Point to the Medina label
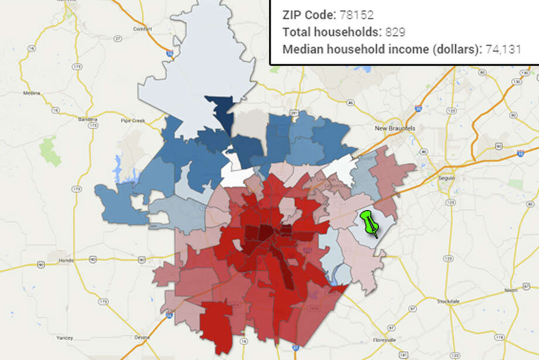(x=30, y=93)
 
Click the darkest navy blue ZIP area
(x=223, y=111)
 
